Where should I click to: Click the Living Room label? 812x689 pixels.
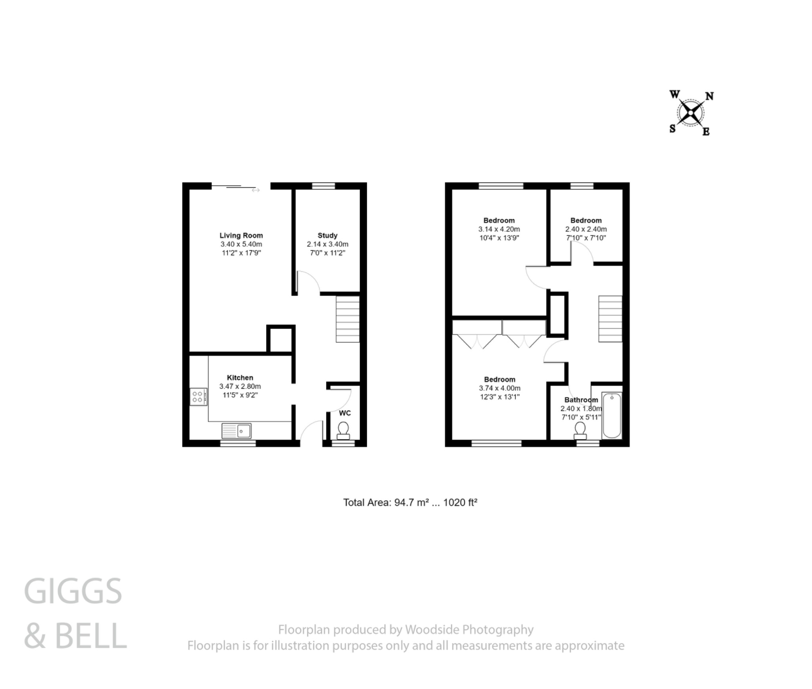click(x=241, y=235)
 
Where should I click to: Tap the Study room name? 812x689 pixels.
click(x=327, y=235)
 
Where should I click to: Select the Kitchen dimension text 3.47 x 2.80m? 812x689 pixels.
click(x=240, y=386)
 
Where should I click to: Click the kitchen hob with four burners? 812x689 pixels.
click(x=198, y=397)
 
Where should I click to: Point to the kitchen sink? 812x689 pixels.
click(x=237, y=431)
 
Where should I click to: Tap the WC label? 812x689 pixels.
click(x=345, y=413)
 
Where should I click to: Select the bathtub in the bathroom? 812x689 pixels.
click(x=612, y=415)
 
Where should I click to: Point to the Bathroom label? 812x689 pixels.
click(x=581, y=400)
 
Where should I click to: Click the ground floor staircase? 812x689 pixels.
click(x=348, y=319)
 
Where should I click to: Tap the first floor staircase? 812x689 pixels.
click(x=610, y=319)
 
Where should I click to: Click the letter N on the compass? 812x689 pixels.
click(x=709, y=96)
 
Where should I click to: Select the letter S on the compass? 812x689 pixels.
click(x=672, y=129)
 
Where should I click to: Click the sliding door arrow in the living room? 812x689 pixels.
click(x=256, y=190)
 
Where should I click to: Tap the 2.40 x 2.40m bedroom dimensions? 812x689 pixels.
click(x=586, y=229)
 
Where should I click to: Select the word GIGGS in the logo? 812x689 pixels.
click(x=73, y=591)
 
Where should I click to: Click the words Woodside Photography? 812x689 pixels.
click(x=469, y=630)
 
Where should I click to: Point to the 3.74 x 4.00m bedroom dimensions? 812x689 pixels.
click(x=500, y=388)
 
